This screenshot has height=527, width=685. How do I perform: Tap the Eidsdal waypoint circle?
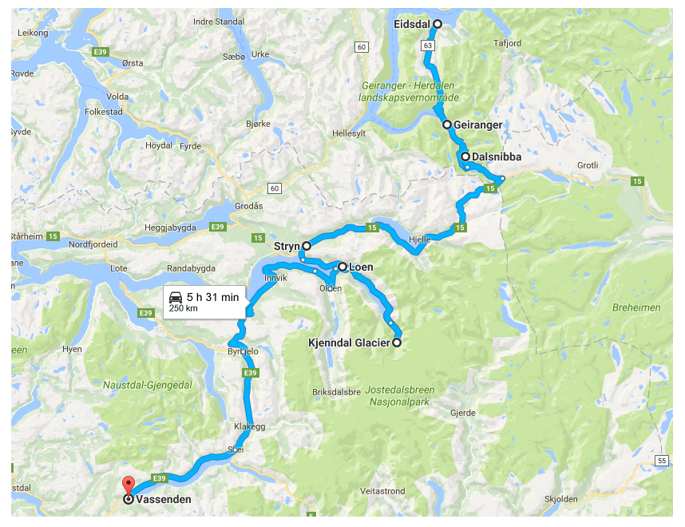click(x=437, y=25)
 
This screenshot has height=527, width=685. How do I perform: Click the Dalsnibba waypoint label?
click(x=496, y=157)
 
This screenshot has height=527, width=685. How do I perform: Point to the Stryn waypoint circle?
click(x=306, y=247)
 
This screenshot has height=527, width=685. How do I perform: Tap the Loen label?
click(x=362, y=267)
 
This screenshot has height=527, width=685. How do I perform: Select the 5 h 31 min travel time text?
click(x=212, y=297)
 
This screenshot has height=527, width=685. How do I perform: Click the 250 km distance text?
click(x=183, y=308)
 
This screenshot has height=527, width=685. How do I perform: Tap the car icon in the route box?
click(x=176, y=297)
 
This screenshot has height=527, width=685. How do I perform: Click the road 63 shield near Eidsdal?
click(x=429, y=46)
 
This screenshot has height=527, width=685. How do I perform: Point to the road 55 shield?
click(x=662, y=461)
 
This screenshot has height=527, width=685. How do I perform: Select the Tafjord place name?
click(x=507, y=43)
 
